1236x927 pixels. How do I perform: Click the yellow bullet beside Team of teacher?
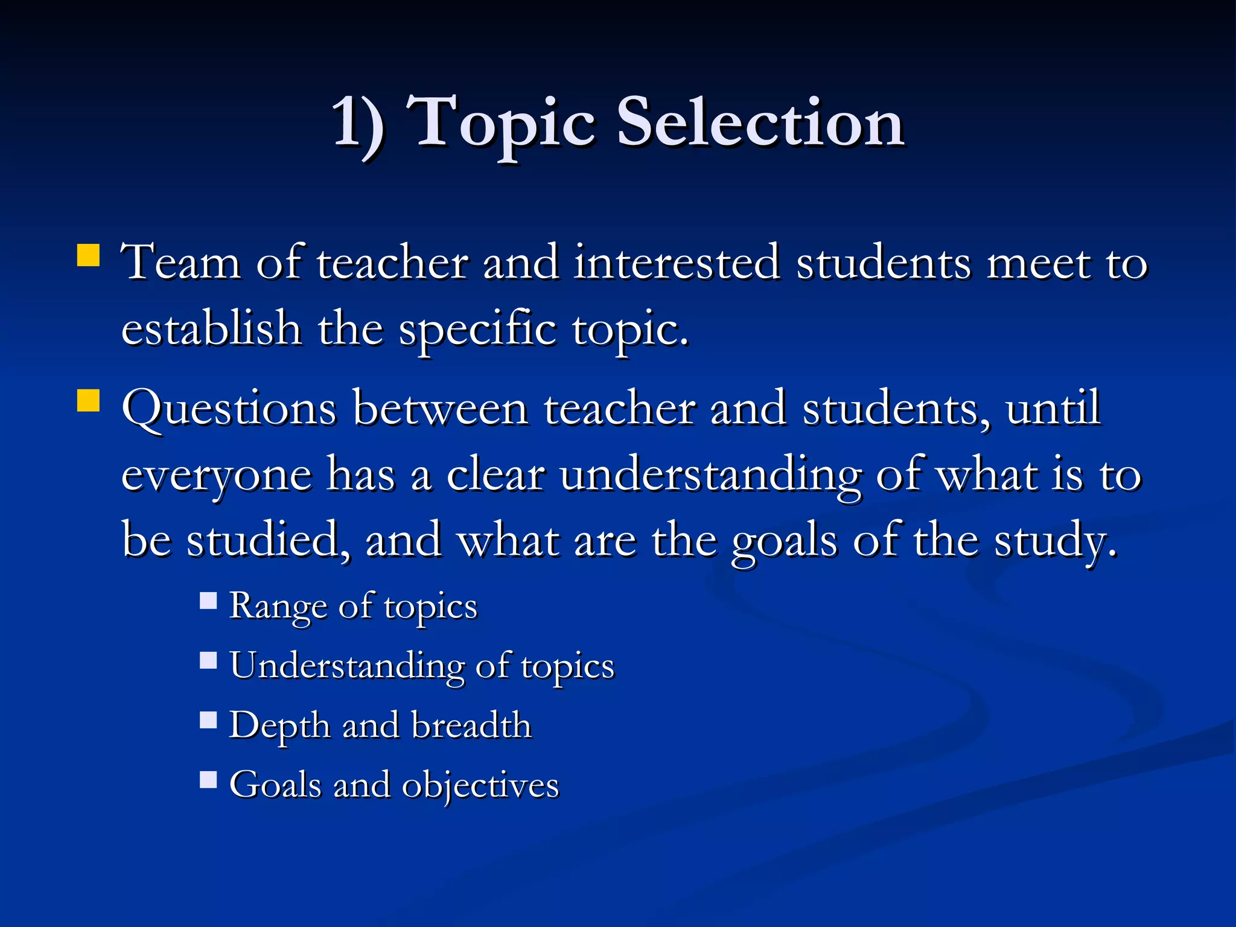(x=88, y=255)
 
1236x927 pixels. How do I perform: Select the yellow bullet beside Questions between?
(x=88, y=400)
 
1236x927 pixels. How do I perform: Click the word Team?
(x=181, y=263)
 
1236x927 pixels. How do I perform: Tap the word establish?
(x=211, y=329)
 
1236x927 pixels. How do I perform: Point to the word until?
(x=1053, y=409)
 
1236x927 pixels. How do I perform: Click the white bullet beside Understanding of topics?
(x=208, y=660)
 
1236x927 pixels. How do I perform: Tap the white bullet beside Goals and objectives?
(x=208, y=780)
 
